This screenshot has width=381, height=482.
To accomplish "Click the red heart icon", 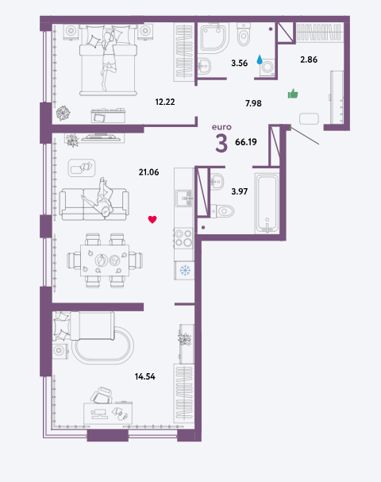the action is [152, 219].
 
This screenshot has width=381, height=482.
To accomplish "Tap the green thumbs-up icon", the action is [293, 94].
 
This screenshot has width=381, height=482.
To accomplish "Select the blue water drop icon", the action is [260, 60].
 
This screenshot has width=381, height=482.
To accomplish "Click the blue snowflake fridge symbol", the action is [185, 271].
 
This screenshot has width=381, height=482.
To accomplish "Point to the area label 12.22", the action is [165, 102].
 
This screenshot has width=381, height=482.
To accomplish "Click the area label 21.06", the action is [148, 172].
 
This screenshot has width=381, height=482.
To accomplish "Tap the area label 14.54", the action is [145, 376].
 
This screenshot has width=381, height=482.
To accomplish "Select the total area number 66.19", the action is [246, 142].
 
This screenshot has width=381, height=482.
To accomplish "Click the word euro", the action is [221, 127].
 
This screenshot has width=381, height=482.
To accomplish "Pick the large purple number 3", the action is [221, 144].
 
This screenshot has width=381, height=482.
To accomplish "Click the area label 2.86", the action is [309, 60].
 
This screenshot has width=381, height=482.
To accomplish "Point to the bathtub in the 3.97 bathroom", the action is [267, 203].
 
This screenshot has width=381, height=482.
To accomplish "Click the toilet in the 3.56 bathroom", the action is [244, 34].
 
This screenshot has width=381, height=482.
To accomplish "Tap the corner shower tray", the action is [215, 37].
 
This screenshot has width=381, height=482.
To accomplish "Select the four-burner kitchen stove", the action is [183, 238].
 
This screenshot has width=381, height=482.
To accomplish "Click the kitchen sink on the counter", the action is [184, 199].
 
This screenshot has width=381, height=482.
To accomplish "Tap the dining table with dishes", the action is [105, 260].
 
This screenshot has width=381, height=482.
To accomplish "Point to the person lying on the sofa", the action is [101, 197].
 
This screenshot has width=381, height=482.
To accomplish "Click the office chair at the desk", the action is [102, 395].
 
